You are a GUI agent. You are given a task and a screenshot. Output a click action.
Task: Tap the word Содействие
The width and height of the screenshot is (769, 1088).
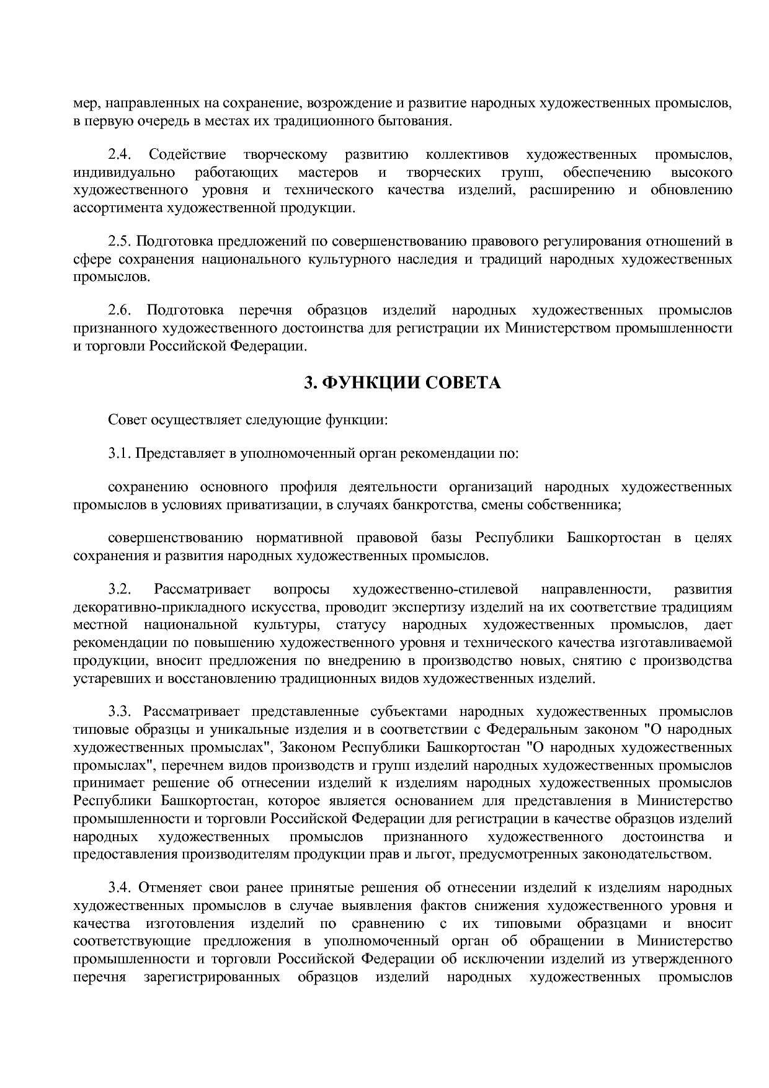click(187, 154)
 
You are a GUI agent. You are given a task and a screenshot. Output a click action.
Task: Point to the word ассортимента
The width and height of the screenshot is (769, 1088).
click(118, 208)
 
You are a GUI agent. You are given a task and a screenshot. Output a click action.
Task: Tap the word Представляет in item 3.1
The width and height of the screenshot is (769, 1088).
click(180, 453)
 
